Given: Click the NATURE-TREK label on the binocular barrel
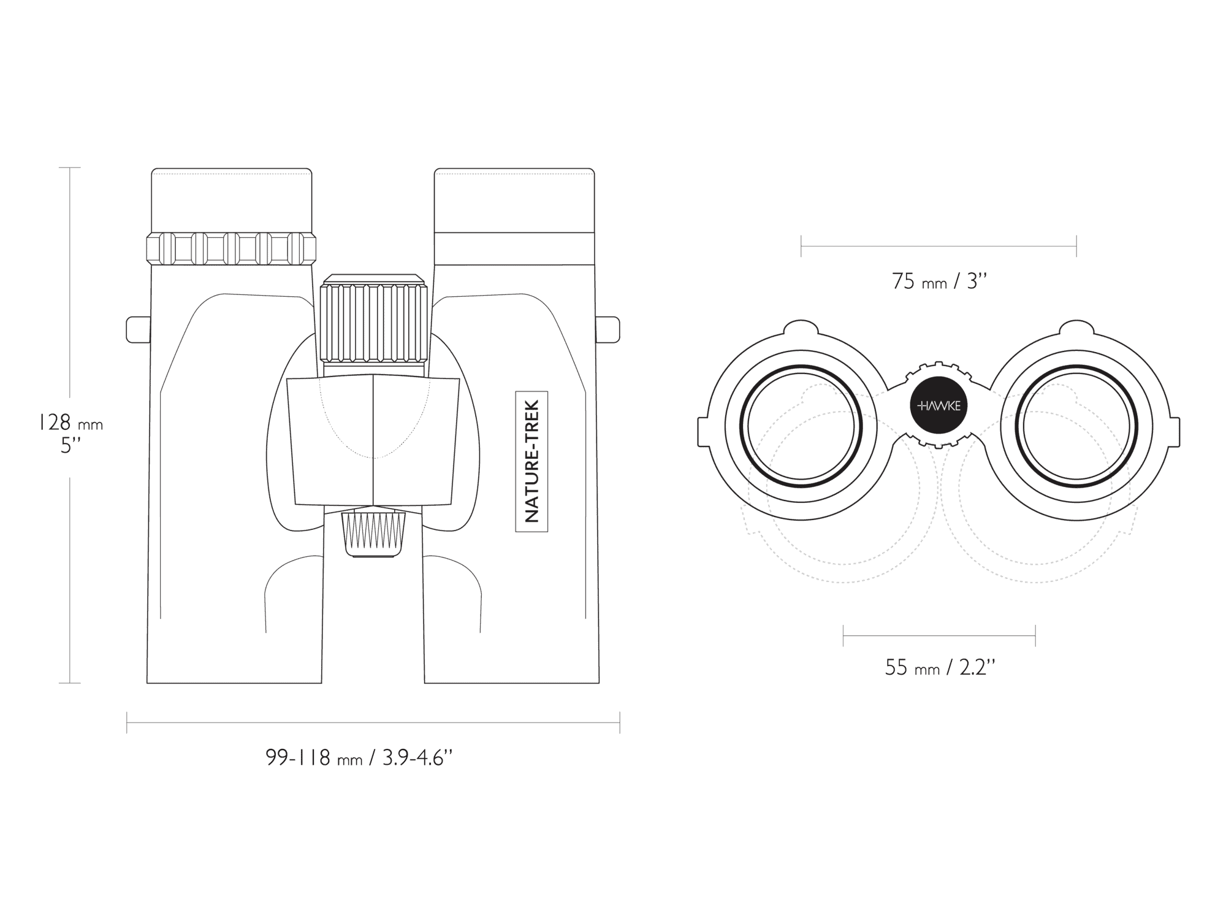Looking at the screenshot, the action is [531, 461].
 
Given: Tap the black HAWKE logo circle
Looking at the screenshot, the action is [939, 406].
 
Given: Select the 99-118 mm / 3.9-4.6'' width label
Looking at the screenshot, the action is [359, 757].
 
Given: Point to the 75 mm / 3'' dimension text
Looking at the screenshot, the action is [939, 282].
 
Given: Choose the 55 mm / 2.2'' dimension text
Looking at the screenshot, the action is [940, 667].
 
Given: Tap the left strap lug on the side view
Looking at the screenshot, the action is [138, 329].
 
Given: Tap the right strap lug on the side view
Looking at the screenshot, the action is [607, 329].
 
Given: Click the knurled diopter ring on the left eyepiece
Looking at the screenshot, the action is [232, 248].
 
